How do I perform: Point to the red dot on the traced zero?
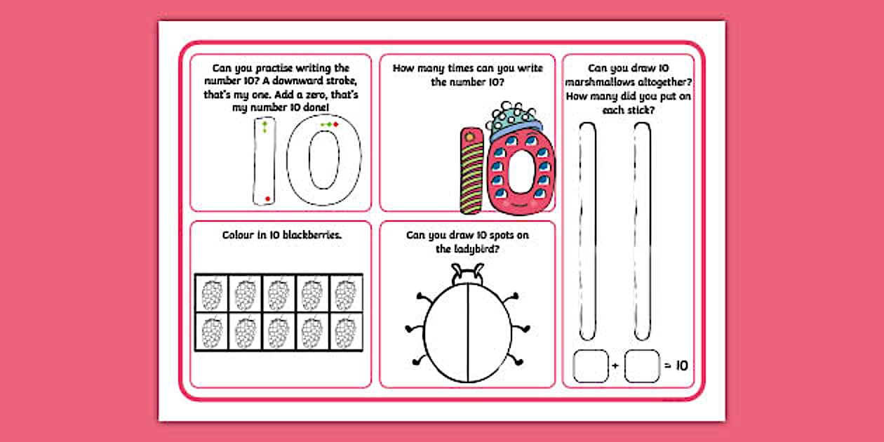335,125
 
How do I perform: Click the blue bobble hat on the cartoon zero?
516,125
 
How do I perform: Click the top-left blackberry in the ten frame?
211,293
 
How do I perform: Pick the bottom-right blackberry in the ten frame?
346,330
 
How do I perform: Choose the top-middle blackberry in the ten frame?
279,293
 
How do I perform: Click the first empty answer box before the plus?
589,366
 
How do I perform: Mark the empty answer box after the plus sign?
642,366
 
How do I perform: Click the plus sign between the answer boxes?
615,366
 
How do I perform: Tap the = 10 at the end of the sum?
676,366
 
